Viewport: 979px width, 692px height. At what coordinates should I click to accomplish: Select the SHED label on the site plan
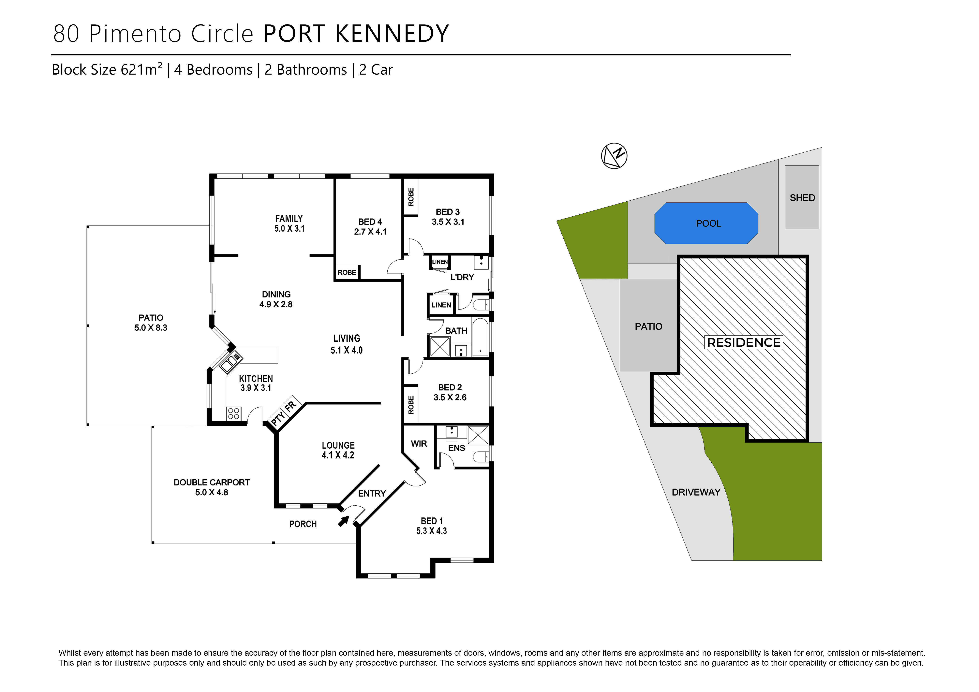click(x=802, y=198)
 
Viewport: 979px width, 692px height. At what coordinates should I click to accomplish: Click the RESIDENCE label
click(x=744, y=343)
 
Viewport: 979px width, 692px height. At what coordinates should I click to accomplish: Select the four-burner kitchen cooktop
click(x=233, y=413)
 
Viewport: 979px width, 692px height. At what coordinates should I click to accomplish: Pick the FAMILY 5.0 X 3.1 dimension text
click(x=289, y=228)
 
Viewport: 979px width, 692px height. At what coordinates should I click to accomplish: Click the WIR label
click(x=419, y=444)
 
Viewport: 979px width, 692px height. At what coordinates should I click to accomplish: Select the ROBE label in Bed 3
click(x=411, y=197)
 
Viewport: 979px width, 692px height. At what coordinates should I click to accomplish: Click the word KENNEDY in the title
click(x=392, y=34)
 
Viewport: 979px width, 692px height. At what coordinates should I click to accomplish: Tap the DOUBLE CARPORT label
click(x=212, y=482)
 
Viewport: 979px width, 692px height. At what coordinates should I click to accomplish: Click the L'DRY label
click(x=462, y=277)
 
